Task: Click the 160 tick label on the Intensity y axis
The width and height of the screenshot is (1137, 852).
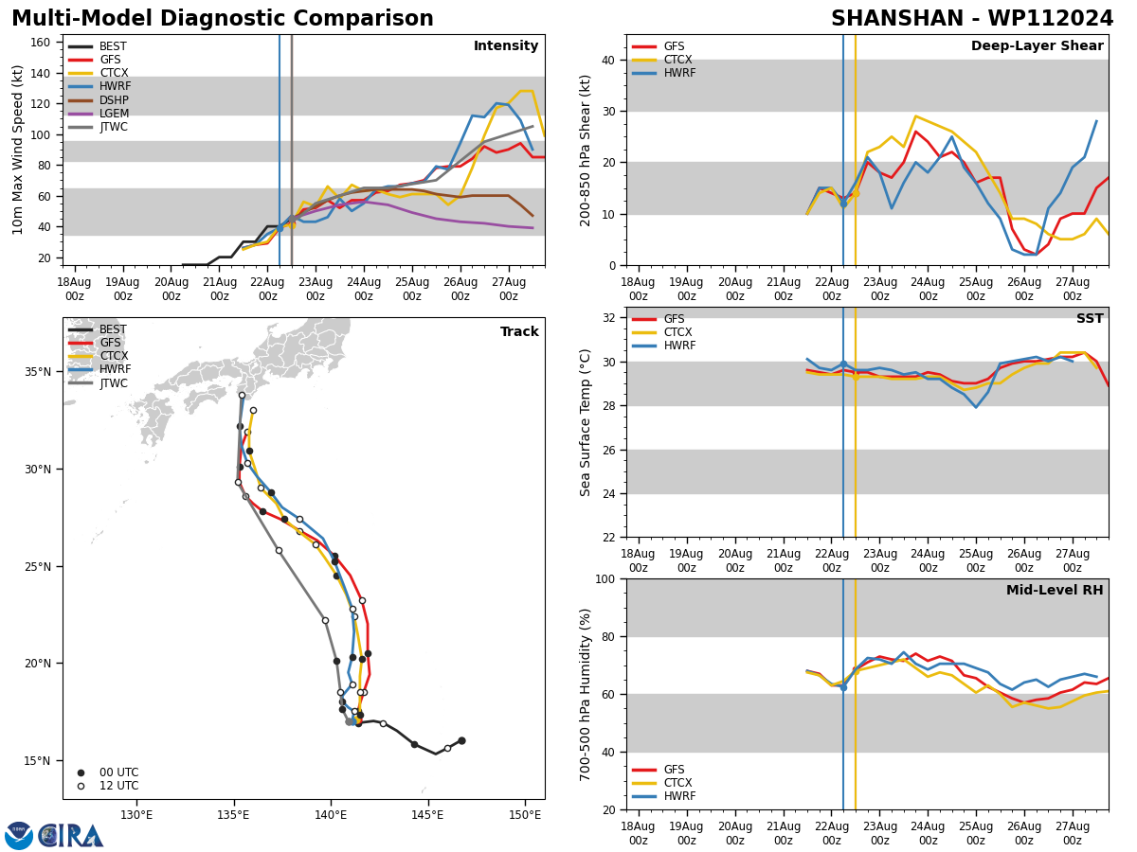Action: pos(44,42)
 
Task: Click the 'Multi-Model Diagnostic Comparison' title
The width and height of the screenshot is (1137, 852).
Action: pos(222,19)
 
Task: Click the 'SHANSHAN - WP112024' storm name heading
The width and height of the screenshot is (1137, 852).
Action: pos(972,19)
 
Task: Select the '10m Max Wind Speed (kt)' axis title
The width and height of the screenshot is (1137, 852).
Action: pos(18,150)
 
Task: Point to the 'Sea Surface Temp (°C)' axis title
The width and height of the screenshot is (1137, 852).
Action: pos(586,422)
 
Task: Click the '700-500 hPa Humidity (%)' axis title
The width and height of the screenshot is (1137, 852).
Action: pos(586,694)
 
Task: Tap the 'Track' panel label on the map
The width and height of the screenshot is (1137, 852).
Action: pos(519,332)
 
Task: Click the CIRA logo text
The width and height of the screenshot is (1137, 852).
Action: pos(70,836)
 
